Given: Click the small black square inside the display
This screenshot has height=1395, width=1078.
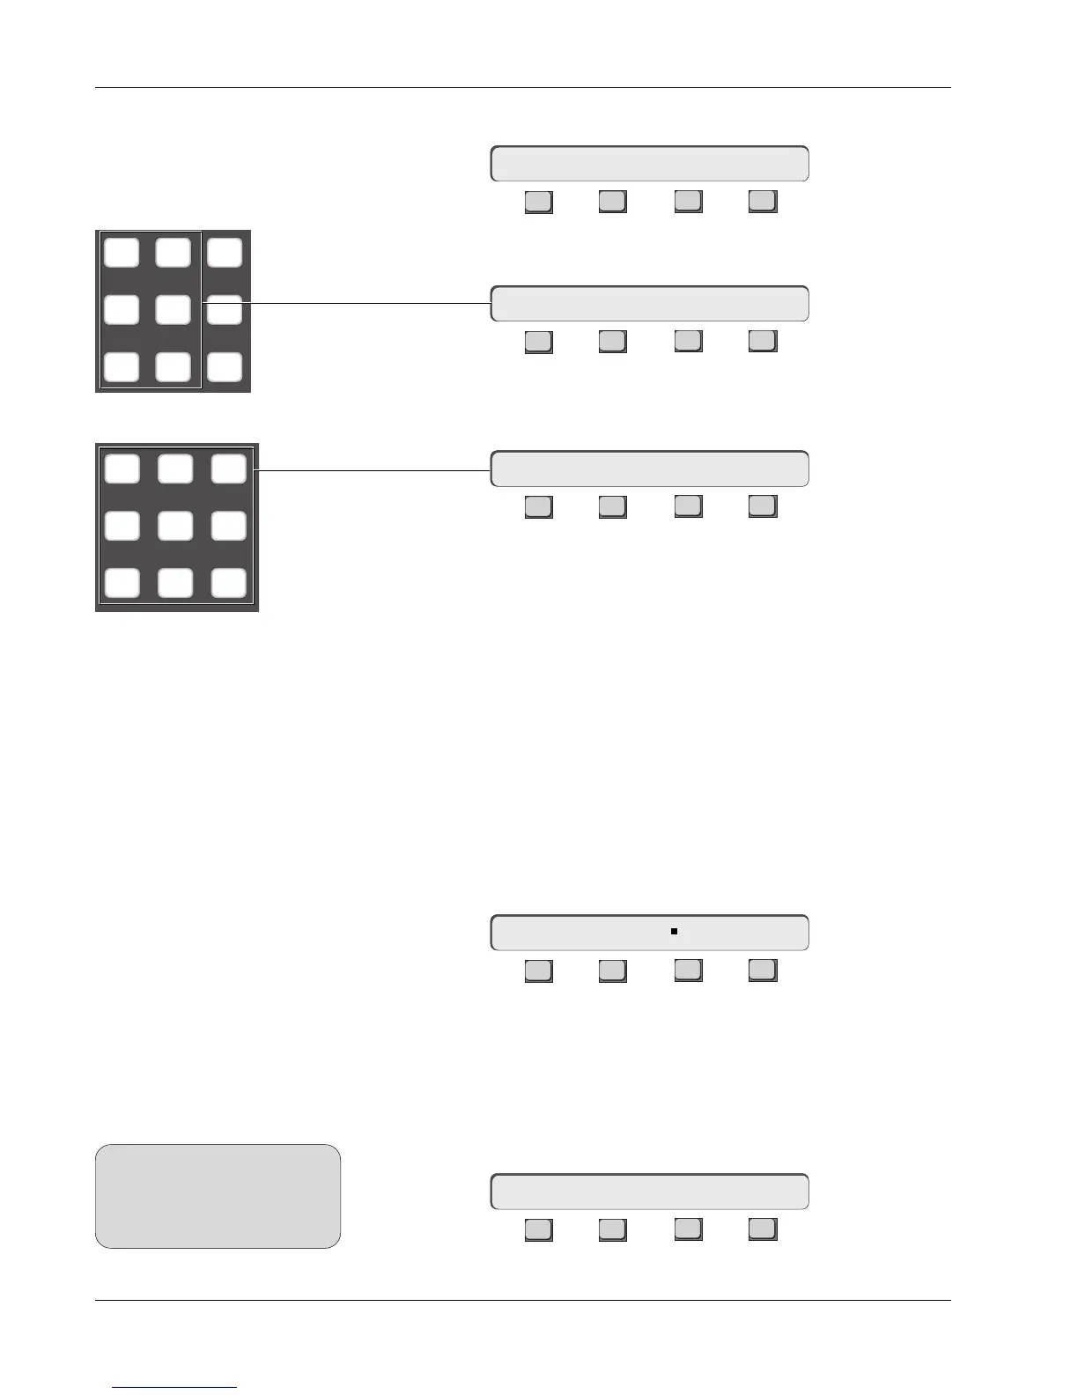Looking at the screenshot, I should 674,931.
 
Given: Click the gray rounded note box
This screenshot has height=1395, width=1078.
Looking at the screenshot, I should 218,1196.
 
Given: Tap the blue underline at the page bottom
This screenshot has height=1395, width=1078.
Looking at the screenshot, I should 175,1388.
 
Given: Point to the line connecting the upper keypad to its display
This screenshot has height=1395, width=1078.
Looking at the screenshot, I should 345,304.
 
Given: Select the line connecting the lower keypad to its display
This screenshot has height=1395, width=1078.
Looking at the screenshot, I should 373,470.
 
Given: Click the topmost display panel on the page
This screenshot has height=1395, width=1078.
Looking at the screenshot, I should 649,165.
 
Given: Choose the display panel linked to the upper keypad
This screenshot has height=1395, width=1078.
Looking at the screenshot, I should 649,304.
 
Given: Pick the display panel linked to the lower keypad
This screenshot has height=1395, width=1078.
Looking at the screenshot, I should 649,469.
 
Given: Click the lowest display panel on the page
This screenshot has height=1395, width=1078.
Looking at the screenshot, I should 649,1192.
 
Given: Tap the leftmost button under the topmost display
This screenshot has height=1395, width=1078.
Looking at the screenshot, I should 538,202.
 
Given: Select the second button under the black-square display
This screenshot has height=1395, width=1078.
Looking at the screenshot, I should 612,971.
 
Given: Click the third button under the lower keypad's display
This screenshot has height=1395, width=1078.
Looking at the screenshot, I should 688,506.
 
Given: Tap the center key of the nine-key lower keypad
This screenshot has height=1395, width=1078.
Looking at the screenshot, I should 175,526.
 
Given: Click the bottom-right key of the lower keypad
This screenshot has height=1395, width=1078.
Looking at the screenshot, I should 228,583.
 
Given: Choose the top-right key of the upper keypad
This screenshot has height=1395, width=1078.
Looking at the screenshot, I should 225,253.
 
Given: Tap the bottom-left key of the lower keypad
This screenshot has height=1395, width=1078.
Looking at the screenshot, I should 122,583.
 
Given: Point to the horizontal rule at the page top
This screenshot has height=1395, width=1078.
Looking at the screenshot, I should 523,88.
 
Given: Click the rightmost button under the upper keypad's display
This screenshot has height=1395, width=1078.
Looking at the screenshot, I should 762,341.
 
